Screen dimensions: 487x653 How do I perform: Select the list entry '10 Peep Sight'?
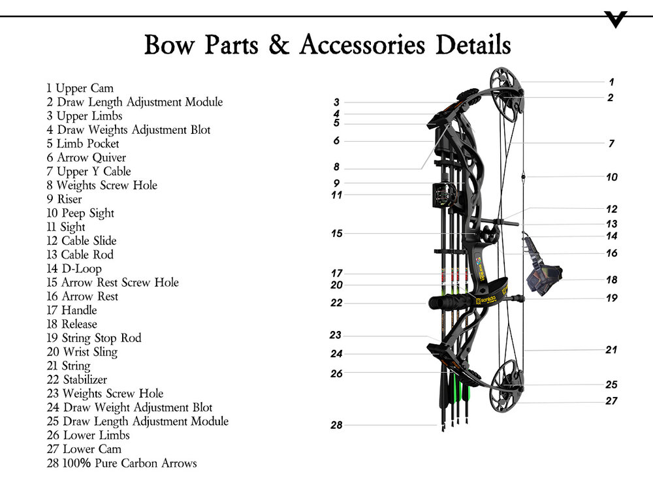(80, 213)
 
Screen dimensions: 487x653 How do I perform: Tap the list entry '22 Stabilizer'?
(76, 379)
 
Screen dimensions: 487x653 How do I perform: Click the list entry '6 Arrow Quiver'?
(86, 157)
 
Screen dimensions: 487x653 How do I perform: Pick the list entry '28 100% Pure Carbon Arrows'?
(121, 463)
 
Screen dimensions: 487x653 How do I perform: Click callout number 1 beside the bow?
(611, 82)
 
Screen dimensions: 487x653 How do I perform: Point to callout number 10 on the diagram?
(611, 177)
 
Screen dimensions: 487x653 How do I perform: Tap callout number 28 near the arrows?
(336, 425)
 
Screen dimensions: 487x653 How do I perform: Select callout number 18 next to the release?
(611, 279)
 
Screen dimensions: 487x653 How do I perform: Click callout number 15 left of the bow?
(336, 233)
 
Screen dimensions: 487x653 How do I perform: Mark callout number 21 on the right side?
(611, 350)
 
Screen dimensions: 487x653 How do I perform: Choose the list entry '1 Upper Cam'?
(80, 88)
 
